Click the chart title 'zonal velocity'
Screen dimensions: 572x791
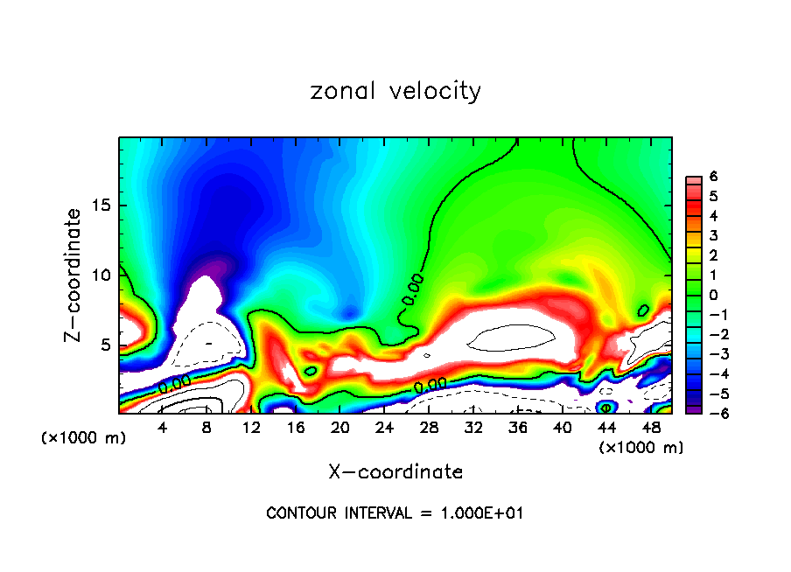coord(395,91)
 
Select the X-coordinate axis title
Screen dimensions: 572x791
coord(395,472)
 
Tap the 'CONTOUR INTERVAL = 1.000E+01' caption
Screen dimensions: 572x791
coord(395,513)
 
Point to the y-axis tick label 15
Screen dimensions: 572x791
coord(103,206)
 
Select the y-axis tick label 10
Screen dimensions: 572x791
coord(103,275)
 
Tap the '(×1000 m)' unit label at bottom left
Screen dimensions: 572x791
coord(83,438)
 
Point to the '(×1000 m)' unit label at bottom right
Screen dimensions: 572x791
coord(640,447)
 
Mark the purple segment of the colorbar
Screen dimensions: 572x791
coord(692,408)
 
